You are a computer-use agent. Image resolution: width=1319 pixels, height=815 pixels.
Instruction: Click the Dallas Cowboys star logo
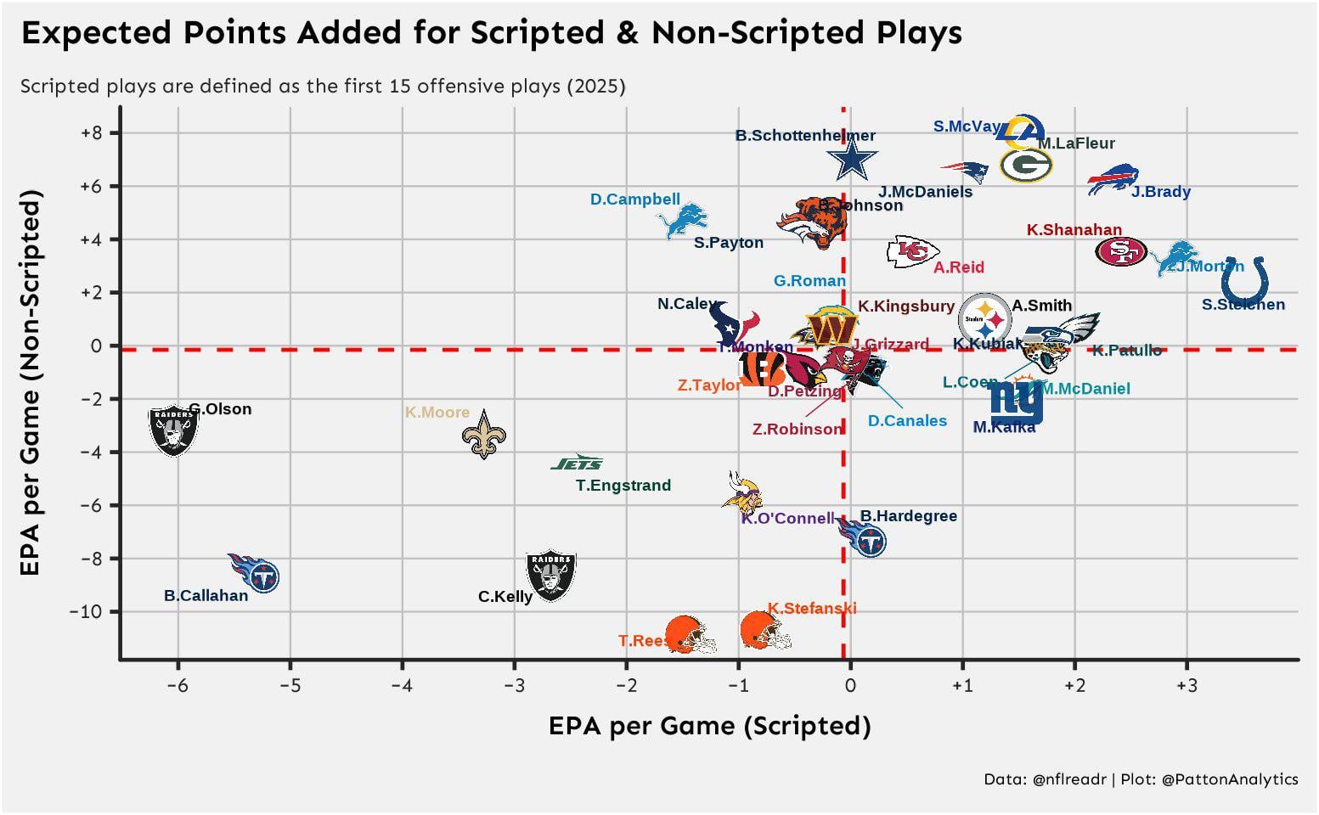pyautogui.click(x=851, y=159)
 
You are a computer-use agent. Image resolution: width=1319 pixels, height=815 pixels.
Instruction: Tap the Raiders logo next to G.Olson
pyautogui.click(x=173, y=430)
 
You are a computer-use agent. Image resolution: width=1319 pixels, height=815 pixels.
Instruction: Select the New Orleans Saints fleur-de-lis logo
pyautogui.click(x=483, y=436)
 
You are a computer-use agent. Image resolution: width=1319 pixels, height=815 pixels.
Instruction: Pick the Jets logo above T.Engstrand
pyautogui.click(x=577, y=463)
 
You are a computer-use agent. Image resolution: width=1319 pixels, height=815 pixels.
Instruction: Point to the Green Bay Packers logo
pyautogui.click(x=1026, y=166)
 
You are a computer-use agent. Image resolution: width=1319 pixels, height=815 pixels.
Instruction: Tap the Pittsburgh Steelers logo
pyautogui.click(x=984, y=319)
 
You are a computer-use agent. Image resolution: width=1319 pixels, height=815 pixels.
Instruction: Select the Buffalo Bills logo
pyautogui.click(x=1112, y=179)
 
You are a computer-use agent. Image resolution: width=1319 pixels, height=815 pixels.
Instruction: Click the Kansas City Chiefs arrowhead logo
pyautogui.click(x=912, y=251)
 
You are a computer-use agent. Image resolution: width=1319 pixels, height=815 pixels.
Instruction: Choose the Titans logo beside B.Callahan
pyautogui.click(x=255, y=572)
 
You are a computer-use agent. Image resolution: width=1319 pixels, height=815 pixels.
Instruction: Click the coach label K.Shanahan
pyautogui.click(x=1074, y=230)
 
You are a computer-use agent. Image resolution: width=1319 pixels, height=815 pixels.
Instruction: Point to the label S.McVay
pyautogui.click(x=967, y=126)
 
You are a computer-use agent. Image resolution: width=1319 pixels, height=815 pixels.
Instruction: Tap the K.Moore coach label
pyautogui.click(x=437, y=413)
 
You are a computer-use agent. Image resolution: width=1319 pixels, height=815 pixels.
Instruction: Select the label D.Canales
pyautogui.click(x=907, y=421)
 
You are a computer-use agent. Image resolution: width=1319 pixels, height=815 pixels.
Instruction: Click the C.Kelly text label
pyautogui.click(x=505, y=597)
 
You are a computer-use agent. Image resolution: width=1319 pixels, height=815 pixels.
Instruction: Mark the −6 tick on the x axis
pyautogui.click(x=178, y=685)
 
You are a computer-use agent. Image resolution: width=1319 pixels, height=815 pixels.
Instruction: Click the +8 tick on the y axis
pyautogui.click(x=91, y=133)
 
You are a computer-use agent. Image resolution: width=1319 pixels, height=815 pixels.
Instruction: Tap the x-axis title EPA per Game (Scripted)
pyautogui.click(x=709, y=726)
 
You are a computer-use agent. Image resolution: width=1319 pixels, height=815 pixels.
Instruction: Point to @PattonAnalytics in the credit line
pyautogui.click(x=1229, y=779)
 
